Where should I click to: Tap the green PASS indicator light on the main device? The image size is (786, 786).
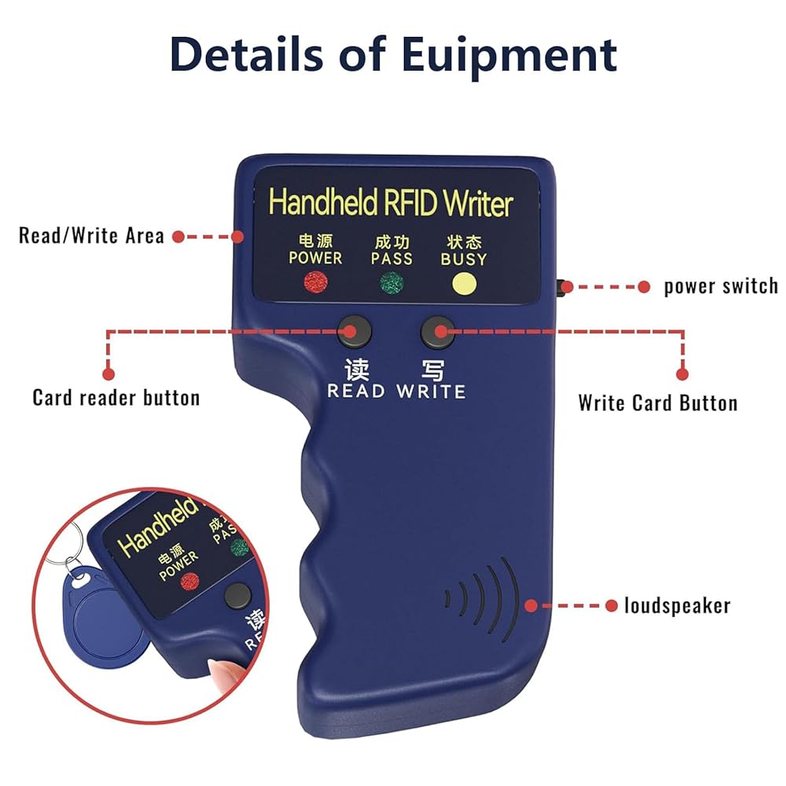pyautogui.click(x=390, y=282)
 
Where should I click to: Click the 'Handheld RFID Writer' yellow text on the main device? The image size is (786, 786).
pyautogui.click(x=391, y=203)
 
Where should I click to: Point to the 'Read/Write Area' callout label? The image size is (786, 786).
pyautogui.click(x=91, y=235)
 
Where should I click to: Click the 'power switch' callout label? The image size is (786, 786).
pyautogui.click(x=720, y=286)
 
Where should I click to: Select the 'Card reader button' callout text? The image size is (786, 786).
pyautogui.click(x=116, y=398)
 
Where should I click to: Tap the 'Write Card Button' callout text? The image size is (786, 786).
pyautogui.click(x=658, y=403)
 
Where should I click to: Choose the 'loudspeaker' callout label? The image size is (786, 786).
pyautogui.click(x=677, y=605)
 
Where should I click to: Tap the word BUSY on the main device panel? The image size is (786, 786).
pyautogui.click(x=463, y=259)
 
